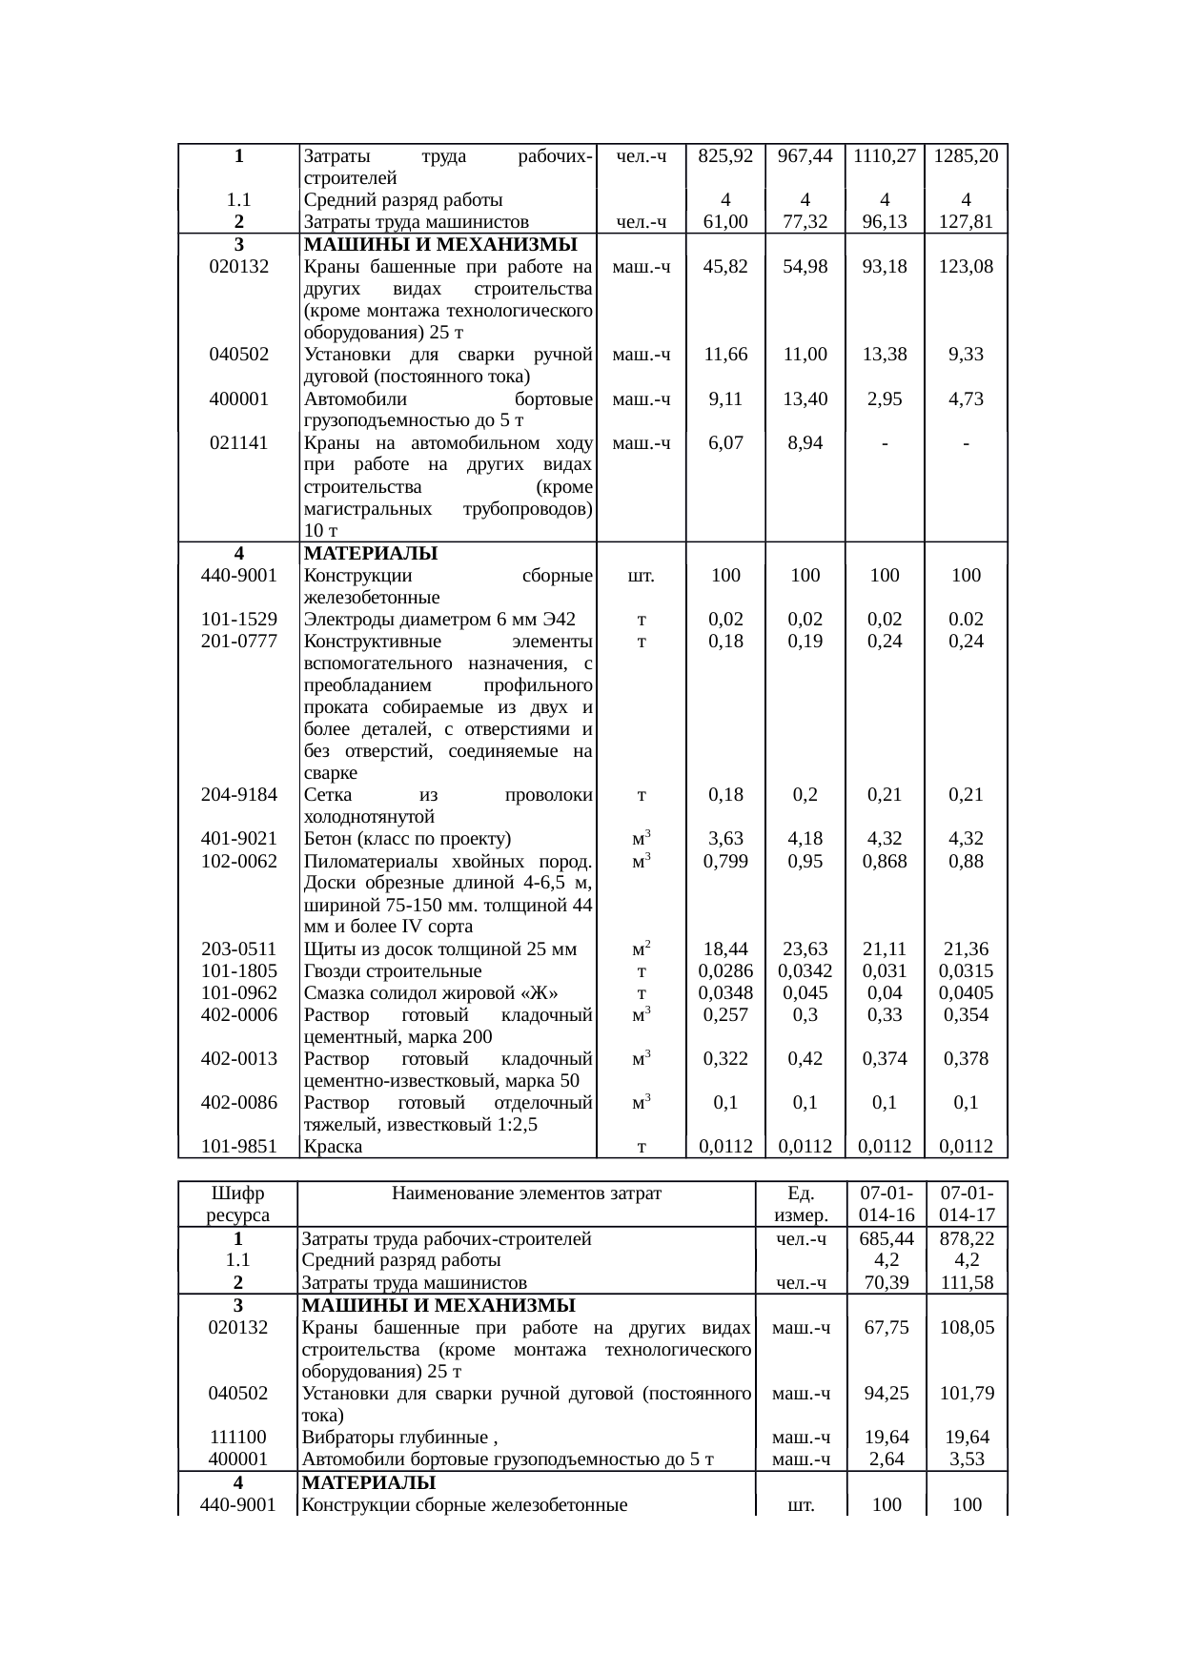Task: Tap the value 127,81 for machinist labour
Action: point(966,222)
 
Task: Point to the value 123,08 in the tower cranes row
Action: point(966,267)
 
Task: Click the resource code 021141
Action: point(238,443)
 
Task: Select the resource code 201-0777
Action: point(238,642)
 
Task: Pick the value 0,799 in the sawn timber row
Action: point(725,862)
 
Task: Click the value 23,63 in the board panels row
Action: point(805,949)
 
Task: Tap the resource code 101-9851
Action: point(238,1147)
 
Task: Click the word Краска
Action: point(332,1147)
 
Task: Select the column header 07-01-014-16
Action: point(886,1204)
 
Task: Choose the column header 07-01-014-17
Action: point(967,1204)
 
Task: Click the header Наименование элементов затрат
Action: point(526,1194)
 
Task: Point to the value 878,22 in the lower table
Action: point(967,1239)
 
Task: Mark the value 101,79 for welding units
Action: point(967,1394)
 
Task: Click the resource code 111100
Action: point(238,1438)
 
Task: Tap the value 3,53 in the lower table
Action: point(967,1459)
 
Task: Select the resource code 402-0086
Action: point(238,1103)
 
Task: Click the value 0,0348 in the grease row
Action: point(725,993)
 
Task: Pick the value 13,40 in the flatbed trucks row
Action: point(805,399)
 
